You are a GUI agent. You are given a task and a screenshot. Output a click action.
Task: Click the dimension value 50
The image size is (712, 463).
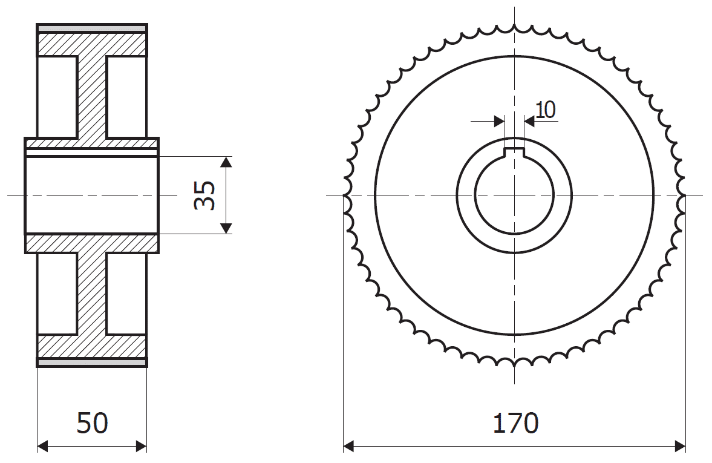[92, 422]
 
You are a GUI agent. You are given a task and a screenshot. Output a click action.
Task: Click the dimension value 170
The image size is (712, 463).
[515, 422]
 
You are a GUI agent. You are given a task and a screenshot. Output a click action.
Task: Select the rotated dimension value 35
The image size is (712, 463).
[205, 195]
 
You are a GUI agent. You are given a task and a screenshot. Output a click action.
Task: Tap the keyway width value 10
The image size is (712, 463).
[546, 110]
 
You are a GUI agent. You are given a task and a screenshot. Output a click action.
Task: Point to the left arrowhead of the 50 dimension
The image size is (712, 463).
[42, 446]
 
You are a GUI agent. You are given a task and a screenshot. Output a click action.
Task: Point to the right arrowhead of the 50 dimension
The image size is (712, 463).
[141, 446]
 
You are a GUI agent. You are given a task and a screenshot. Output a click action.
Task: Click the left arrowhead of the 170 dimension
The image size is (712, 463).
[348, 446]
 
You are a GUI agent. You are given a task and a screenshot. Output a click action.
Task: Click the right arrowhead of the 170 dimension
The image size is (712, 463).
[680, 446]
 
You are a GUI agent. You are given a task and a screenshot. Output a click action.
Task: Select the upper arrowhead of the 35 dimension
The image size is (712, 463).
[226, 162]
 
